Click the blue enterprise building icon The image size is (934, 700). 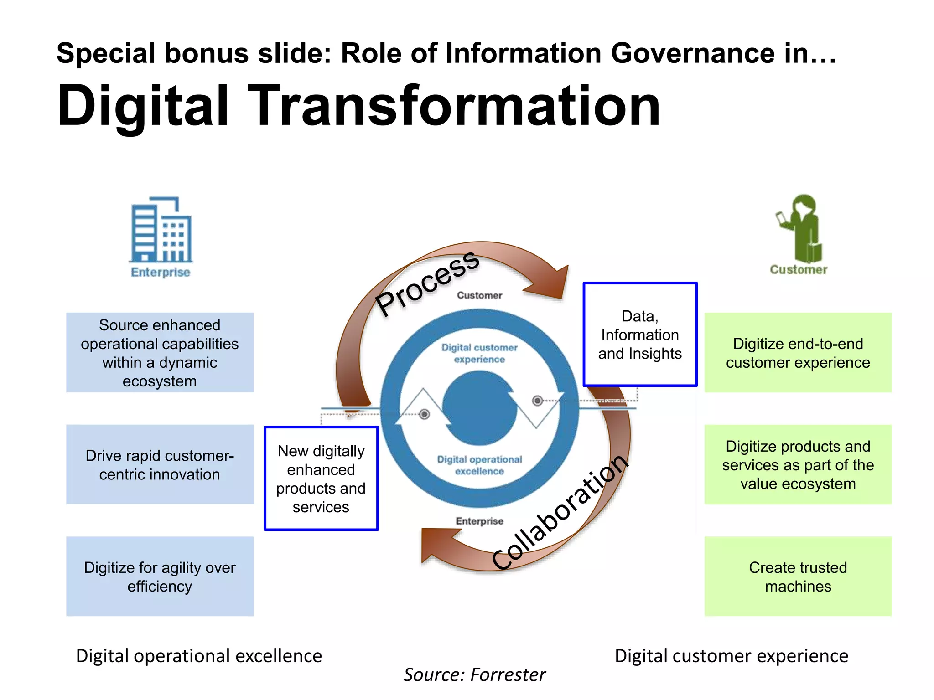tap(161, 230)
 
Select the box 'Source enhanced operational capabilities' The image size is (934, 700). tap(160, 352)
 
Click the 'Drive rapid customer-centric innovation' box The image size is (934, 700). tap(160, 464)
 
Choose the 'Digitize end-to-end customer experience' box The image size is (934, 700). tap(798, 352)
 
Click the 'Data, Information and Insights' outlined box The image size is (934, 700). tap(640, 335)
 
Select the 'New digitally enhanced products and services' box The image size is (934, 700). tap(321, 479)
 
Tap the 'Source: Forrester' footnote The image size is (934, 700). tap(474, 674)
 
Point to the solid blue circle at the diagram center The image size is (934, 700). tap(479, 408)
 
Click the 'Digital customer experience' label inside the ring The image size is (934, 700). tap(479, 353)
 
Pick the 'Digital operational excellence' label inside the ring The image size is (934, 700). tap(479, 465)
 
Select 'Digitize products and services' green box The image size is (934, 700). tap(798, 464)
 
